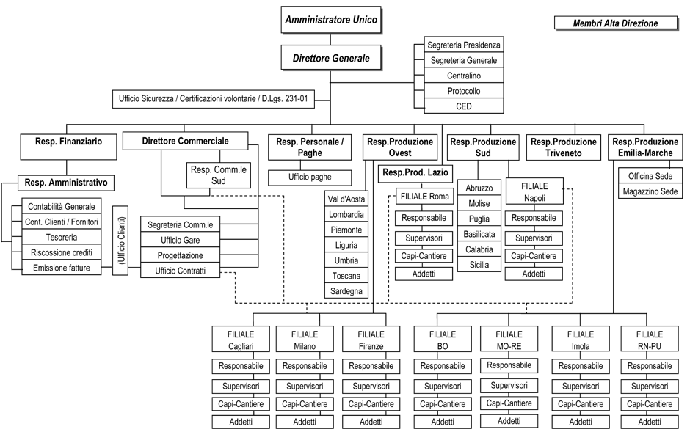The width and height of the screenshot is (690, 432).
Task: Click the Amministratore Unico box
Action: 331,20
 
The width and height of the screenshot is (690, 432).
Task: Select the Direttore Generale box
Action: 331,58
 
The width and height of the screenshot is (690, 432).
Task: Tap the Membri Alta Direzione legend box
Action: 616,23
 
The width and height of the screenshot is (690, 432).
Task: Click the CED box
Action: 463,106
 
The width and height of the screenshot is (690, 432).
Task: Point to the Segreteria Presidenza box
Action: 463,45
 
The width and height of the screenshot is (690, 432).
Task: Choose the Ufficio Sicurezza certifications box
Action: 214,99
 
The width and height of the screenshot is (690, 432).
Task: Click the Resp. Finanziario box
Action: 69,147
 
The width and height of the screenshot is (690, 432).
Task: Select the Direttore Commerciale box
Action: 185,141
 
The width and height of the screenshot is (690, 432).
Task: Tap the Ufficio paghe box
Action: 310,177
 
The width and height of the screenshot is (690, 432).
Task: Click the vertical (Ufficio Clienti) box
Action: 120,241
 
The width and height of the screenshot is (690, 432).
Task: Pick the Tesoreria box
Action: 62,238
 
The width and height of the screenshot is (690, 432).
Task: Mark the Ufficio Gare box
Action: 180,240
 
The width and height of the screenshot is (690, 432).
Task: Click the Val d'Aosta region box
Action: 346,199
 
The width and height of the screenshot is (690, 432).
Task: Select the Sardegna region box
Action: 346,291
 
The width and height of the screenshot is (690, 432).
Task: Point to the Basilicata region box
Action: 479,234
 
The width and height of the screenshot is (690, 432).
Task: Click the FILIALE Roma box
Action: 424,197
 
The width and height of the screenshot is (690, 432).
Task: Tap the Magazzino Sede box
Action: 650,191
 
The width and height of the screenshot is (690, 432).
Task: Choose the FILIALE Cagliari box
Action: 241,340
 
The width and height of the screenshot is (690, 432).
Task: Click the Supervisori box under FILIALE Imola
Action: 581,387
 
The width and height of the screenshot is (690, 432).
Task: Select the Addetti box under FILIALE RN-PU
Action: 650,422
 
